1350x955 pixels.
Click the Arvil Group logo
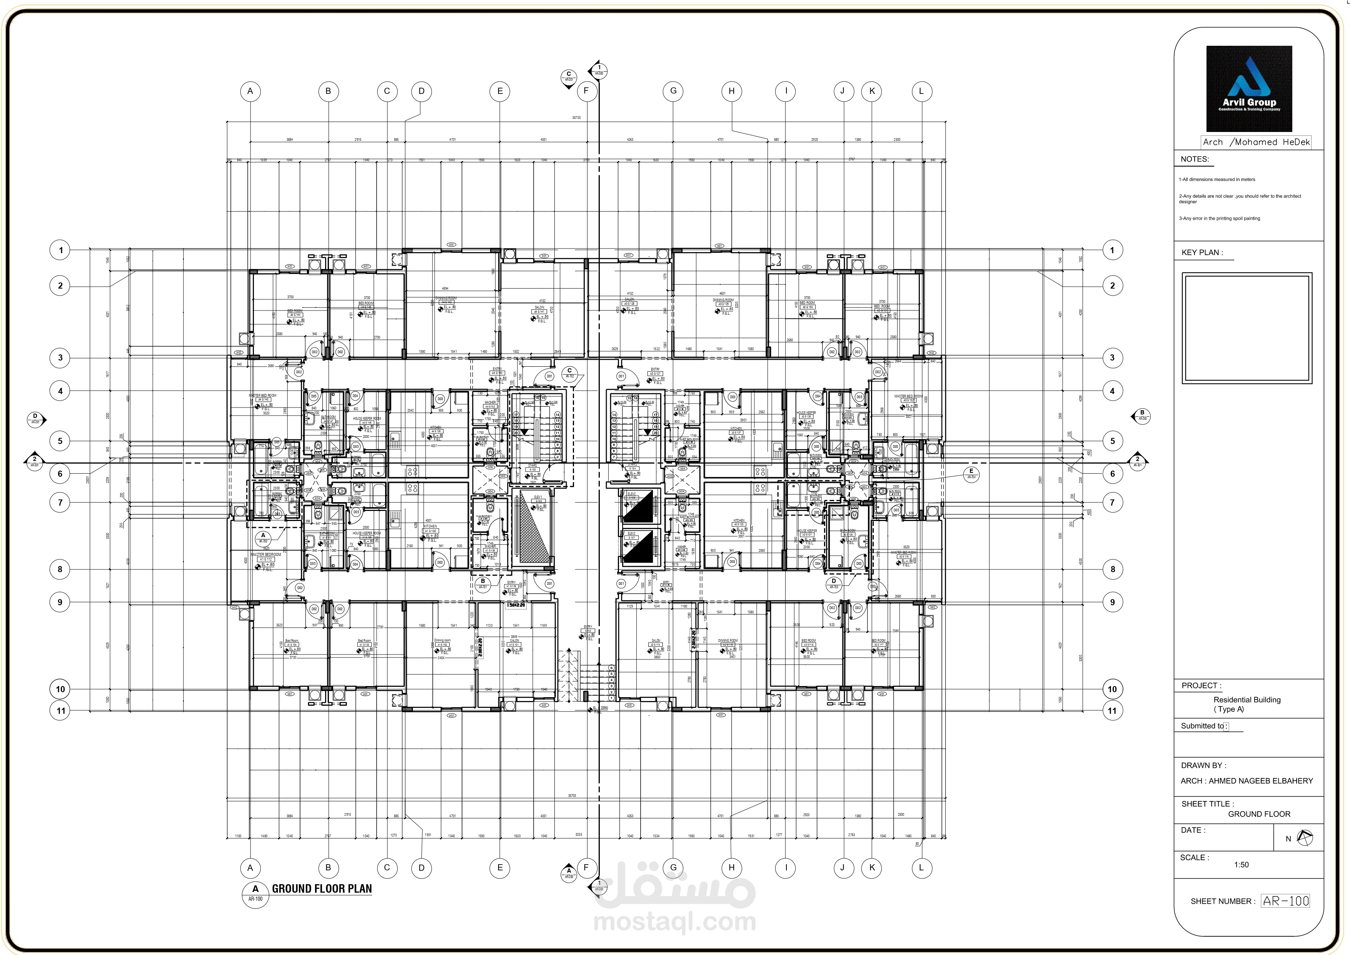[x=1249, y=89]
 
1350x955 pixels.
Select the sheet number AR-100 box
[x=1285, y=901]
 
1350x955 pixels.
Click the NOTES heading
[x=1194, y=159]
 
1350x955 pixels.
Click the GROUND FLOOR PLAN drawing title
[x=322, y=888]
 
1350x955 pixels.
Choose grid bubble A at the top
[x=250, y=91]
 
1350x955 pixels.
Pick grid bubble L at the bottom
[x=921, y=867]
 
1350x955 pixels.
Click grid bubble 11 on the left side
[x=60, y=710]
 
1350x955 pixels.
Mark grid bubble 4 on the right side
[x=1112, y=391]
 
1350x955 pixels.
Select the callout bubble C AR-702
[x=569, y=373]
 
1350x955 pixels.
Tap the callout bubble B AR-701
[x=483, y=583]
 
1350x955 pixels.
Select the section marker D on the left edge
[x=35, y=419]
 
